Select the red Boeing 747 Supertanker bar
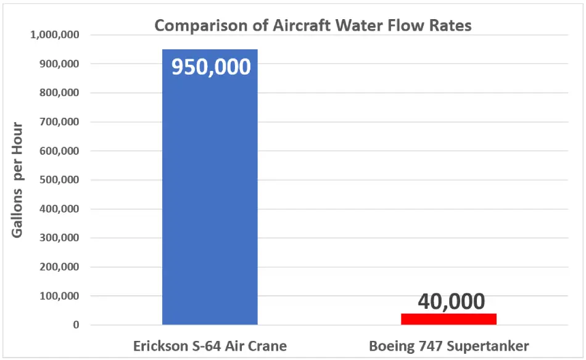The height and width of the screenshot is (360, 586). [448, 319]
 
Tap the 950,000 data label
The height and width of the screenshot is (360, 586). [211, 67]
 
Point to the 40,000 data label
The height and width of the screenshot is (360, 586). [451, 301]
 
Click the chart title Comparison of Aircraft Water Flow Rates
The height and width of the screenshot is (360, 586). [313, 26]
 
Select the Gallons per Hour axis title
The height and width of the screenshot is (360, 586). [17, 180]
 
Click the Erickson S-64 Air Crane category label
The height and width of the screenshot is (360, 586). [210, 345]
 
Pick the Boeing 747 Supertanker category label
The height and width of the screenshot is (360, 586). [449, 345]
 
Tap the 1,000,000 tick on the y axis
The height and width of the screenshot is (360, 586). [54, 35]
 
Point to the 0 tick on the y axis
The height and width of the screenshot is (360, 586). [76, 325]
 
